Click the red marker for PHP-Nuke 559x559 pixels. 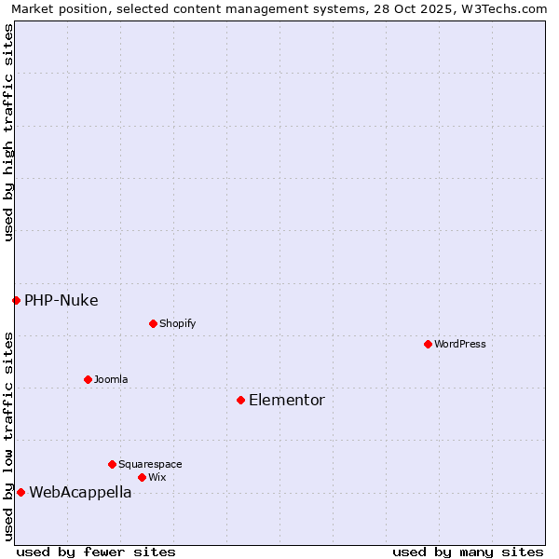(x=16, y=300)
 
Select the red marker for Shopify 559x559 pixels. (x=153, y=323)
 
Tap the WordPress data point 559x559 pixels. (x=428, y=344)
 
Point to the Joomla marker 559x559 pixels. (x=88, y=379)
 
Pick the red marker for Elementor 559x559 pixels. (x=240, y=400)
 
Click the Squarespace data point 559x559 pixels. (x=112, y=464)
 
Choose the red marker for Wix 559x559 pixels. (x=142, y=477)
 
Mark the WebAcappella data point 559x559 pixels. (x=20, y=492)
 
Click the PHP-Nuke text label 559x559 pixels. (x=61, y=300)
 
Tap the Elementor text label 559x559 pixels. (x=287, y=401)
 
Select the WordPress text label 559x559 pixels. (x=460, y=344)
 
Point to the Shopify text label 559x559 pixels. (x=178, y=324)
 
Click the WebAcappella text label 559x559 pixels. (x=80, y=493)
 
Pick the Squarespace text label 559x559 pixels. (x=150, y=464)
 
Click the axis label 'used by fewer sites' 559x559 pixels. (x=96, y=552)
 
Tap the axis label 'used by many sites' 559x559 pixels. (x=468, y=552)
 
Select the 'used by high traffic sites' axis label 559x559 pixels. (x=8, y=132)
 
